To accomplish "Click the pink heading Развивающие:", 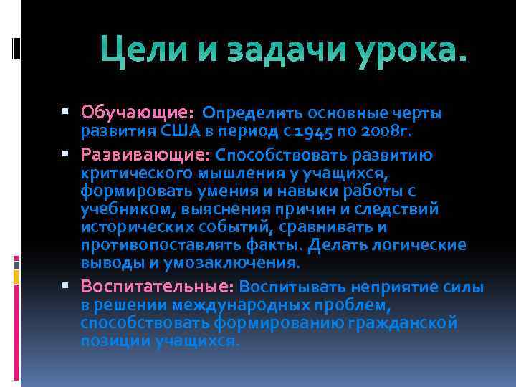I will point(145,155).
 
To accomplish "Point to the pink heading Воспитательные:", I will point(158,287).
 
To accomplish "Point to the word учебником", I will point(121,209).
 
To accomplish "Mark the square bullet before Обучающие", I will point(66,112).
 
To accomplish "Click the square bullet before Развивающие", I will point(66,154).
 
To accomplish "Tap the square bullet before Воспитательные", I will point(66,286).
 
